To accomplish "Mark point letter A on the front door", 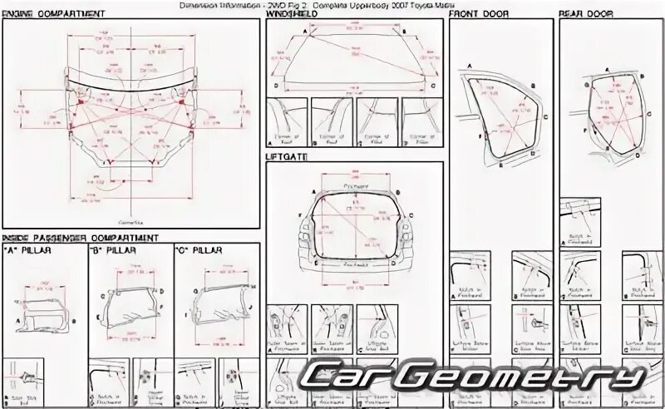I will [469, 65].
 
